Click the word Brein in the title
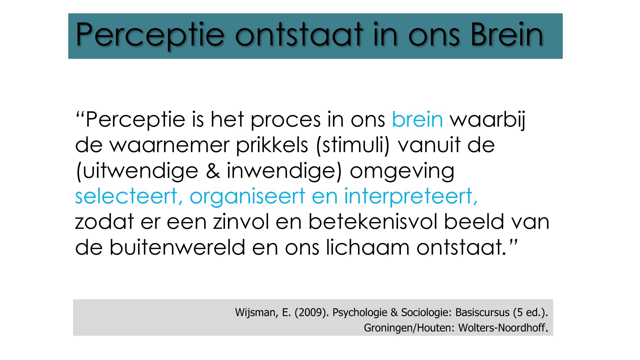(x=507, y=35)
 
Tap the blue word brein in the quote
(x=417, y=119)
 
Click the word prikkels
(x=272, y=145)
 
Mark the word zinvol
(x=241, y=222)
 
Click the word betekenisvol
(x=373, y=222)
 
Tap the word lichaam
(x=367, y=247)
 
